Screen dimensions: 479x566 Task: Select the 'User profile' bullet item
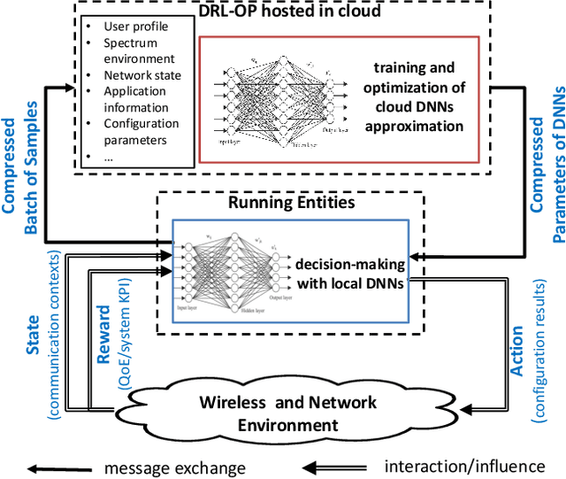pyautogui.click(x=134, y=27)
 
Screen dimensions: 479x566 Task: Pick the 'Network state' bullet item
pyautogui.click(x=142, y=75)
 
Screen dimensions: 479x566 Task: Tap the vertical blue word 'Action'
pyautogui.click(x=517, y=352)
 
